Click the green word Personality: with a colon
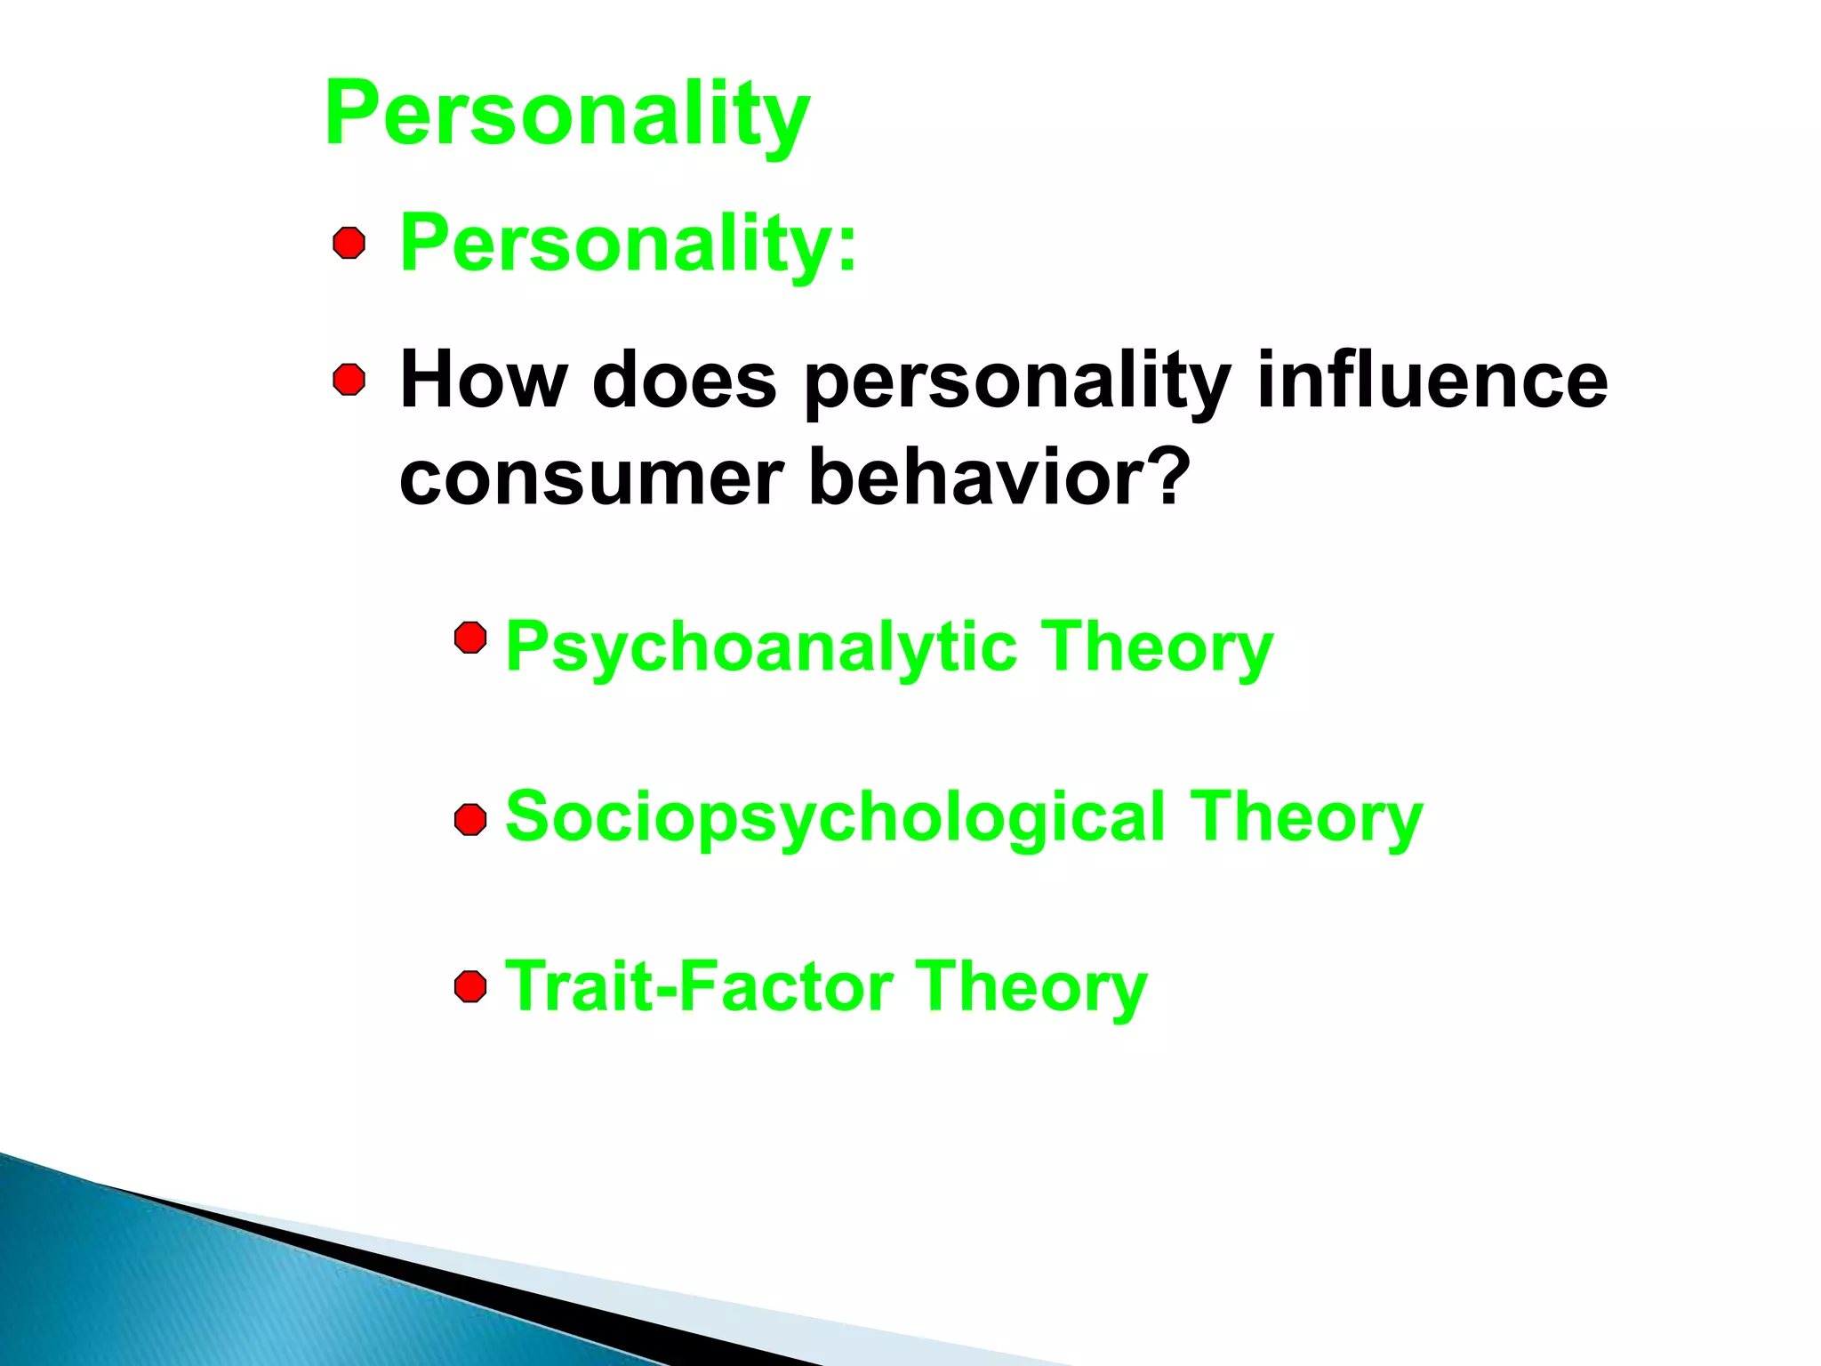point(628,243)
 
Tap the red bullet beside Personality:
point(349,243)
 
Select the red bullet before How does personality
point(349,380)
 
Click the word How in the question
point(483,381)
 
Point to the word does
point(684,381)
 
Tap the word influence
point(1432,381)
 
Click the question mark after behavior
point(1163,477)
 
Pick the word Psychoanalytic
point(761,647)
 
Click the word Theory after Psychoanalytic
point(1158,647)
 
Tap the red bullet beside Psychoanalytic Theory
point(470,638)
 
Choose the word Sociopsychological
point(835,817)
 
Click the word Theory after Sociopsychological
point(1306,817)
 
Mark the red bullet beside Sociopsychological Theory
point(470,819)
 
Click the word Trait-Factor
point(700,986)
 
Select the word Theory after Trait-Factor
point(1031,987)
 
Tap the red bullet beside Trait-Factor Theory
point(470,986)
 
